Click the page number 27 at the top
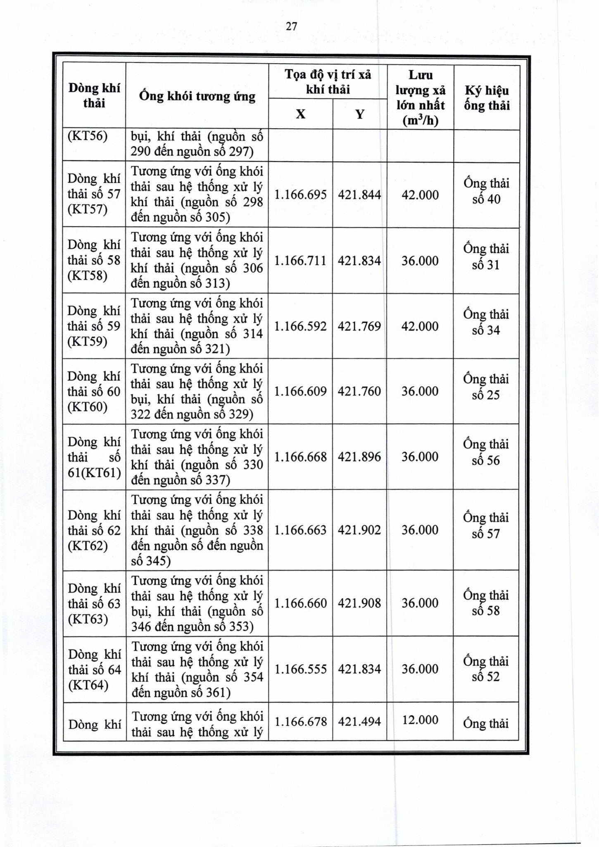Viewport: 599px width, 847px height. point(291,26)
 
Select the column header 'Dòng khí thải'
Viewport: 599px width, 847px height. point(94,96)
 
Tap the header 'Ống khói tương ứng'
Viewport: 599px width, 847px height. point(197,96)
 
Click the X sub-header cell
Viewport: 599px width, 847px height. point(300,114)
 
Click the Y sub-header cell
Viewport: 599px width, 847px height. point(360,114)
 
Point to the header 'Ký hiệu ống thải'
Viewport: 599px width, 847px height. point(487,98)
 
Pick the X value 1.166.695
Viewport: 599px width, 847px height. point(300,195)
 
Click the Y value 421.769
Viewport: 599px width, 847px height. point(359,326)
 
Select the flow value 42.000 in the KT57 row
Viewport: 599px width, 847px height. point(420,195)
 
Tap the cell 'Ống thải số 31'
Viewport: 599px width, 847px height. point(486,257)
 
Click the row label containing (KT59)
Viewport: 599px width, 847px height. point(94,326)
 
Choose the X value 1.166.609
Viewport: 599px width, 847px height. point(300,391)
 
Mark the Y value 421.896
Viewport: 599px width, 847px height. point(359,457)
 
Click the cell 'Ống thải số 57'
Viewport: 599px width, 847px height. point(486,526)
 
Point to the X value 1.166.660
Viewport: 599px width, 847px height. point(300,603)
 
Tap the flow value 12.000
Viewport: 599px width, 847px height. point(420,720)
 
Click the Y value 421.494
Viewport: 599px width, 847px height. point(359,721)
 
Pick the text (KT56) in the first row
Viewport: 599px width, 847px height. point(88,136)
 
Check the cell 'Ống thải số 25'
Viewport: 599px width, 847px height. point(486,387)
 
